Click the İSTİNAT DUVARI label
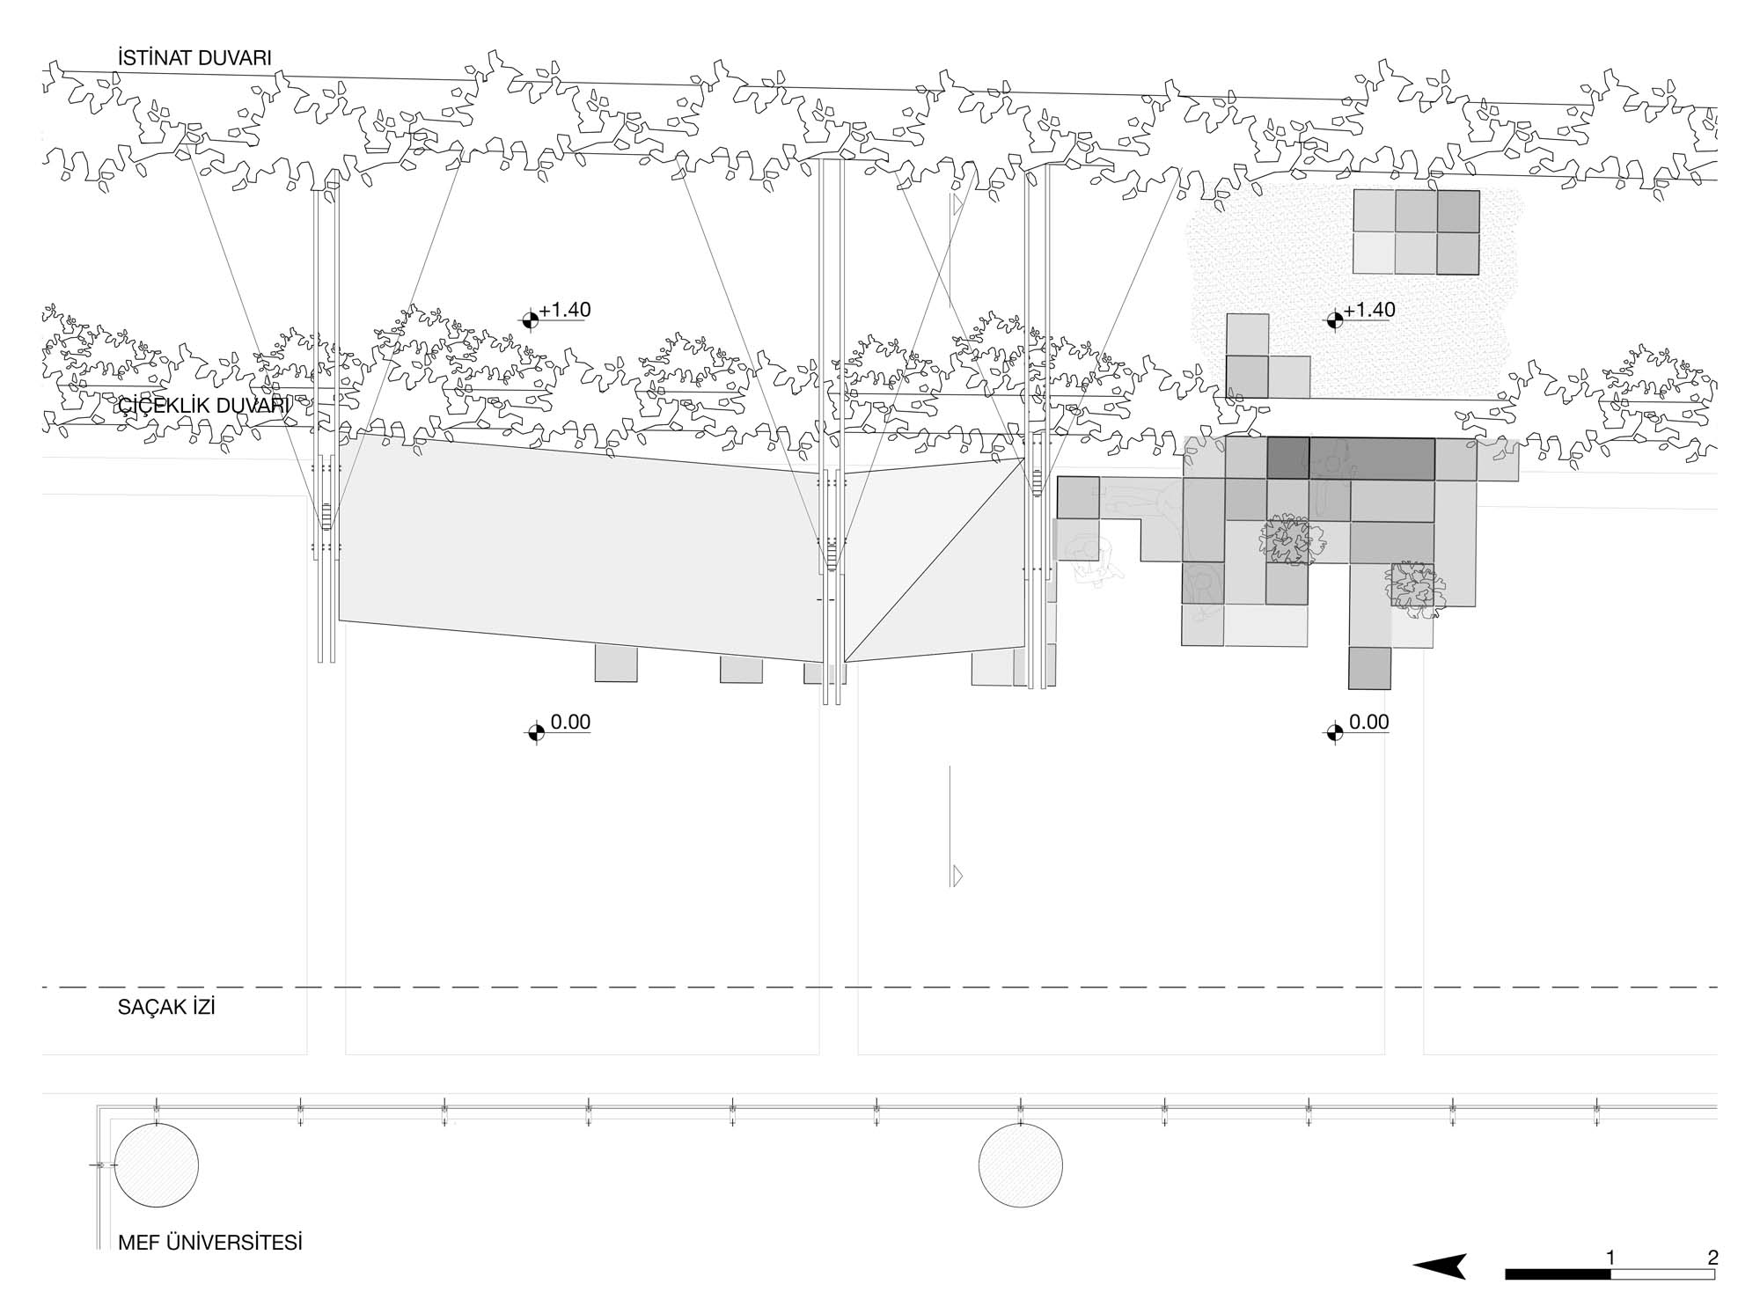coord(194,58)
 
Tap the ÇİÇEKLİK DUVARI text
coord(203,406)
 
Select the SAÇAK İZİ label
coord(166,1008)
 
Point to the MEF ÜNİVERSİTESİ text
coord(209,1243)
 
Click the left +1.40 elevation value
coord(565,310)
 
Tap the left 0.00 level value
coord(570,723)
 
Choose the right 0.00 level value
coord(1368,723)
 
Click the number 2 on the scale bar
coord(1712,1258)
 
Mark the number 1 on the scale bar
coord(1610,1258)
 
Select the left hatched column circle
coord(157,1165)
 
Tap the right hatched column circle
coord(1021,1165)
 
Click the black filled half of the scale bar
coord(1558,1274)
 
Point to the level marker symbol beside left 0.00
coord(536,731)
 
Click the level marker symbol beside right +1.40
coord(1334,319)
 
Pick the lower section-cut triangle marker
coord(957,876)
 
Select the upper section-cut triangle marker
coord(957,206)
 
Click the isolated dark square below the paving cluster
coord(1369,668)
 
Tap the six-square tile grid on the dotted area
coord(1416,232)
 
